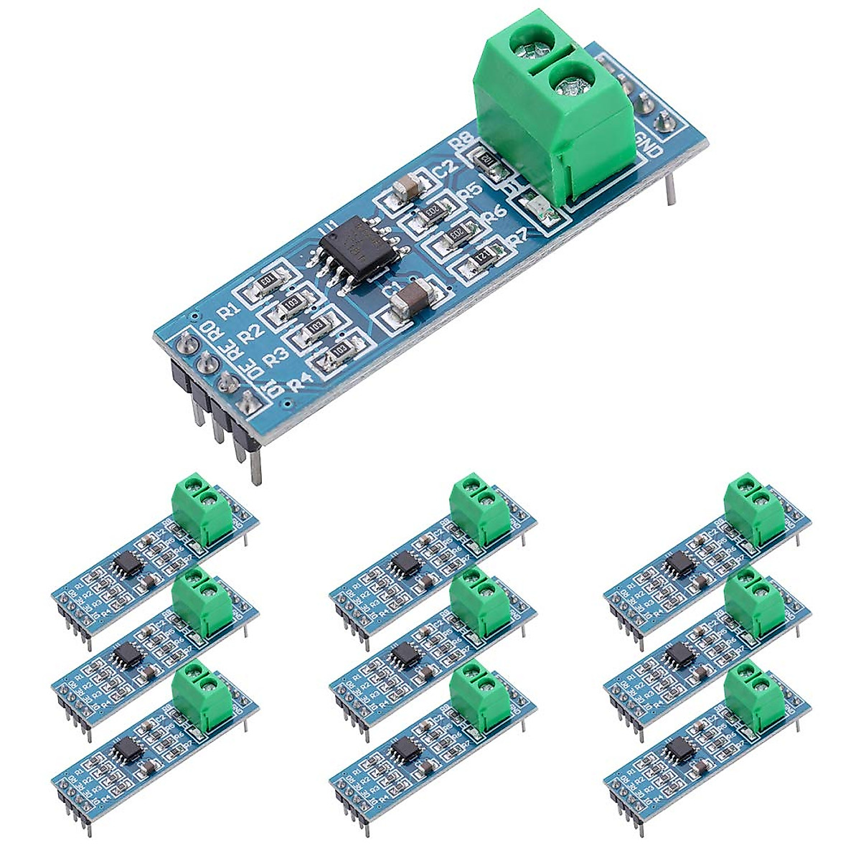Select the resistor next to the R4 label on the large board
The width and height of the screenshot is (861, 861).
pyautogui.click(x=339, y=350)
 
